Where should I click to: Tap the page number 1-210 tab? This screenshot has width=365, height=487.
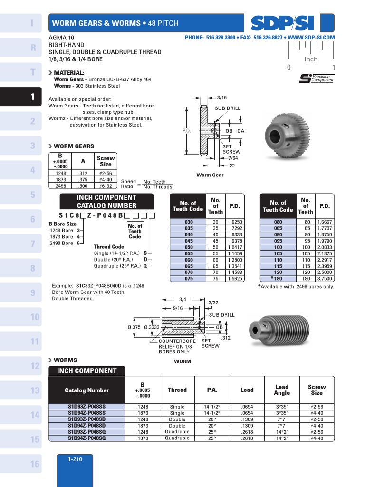75,459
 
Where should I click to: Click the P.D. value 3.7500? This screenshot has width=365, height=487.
325,279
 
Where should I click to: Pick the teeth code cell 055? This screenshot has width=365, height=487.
189,254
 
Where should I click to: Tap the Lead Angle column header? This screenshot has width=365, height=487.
281,390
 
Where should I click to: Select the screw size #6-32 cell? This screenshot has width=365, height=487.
105,186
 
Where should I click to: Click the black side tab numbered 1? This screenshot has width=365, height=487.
24,97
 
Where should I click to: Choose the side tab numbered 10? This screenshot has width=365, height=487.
24,317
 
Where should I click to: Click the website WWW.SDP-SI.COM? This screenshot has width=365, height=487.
311,37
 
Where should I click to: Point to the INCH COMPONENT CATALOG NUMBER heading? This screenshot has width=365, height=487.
106,202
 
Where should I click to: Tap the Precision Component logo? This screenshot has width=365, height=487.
317,78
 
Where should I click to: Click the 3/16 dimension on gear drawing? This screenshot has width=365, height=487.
222,97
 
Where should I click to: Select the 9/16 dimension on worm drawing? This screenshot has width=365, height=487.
178,308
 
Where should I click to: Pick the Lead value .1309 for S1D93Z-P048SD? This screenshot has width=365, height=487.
247,419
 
